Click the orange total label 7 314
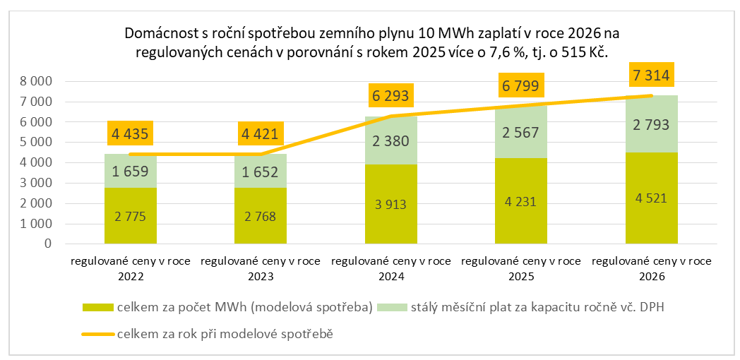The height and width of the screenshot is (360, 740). click(x=651, y=74)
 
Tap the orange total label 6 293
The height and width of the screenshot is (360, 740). click(x=391, y=95)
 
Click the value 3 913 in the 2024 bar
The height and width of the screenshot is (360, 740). click(x=391, y=205)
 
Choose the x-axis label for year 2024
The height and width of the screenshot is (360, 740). click(x=391, y=269)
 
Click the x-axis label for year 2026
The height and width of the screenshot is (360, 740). click(x=651, y=269)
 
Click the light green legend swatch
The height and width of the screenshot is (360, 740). click(x=393, y=308)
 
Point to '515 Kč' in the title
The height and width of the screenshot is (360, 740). click(x=587, y=52)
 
